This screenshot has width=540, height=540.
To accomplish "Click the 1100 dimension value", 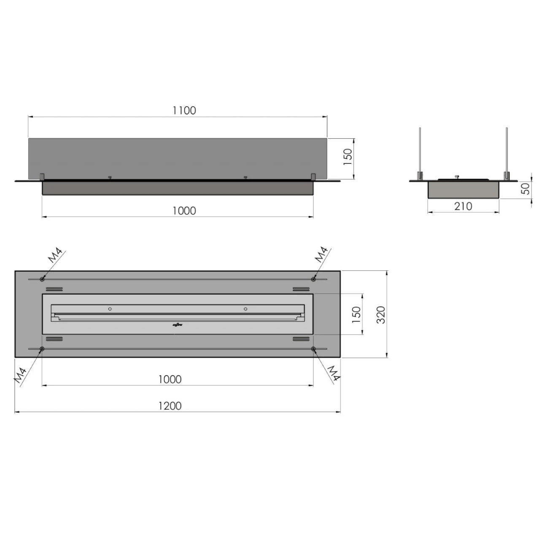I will click(184, 111).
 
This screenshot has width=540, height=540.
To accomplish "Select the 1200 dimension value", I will click(170, 406).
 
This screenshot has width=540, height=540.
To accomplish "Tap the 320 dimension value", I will click(381, 315).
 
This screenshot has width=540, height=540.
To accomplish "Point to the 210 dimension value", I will click(463, 206).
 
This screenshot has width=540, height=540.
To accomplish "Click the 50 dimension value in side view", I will click(525, 189).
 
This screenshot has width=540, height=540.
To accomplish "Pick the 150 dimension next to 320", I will click(356, 315).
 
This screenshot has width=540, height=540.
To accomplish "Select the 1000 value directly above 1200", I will click(170, 379).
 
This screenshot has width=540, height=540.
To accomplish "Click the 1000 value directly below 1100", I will click(184, 211).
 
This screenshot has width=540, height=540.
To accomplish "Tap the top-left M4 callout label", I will click(55, 256).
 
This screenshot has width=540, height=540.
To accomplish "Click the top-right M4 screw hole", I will click(313, 279).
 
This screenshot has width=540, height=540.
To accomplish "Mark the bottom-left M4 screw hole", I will click(42, 349).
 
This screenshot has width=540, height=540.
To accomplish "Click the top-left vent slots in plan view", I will click(54, 289).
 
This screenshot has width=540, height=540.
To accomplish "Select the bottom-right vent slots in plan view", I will click(301, 339).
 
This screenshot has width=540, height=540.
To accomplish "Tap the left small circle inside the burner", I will click(110, 309).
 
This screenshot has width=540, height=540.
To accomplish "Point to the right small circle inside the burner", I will click(246, 309).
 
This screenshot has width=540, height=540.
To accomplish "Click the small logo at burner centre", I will click(176, 325).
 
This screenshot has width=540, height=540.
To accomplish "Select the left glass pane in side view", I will click(420, 152).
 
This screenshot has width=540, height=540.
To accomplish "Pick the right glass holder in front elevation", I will click(313, 176).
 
